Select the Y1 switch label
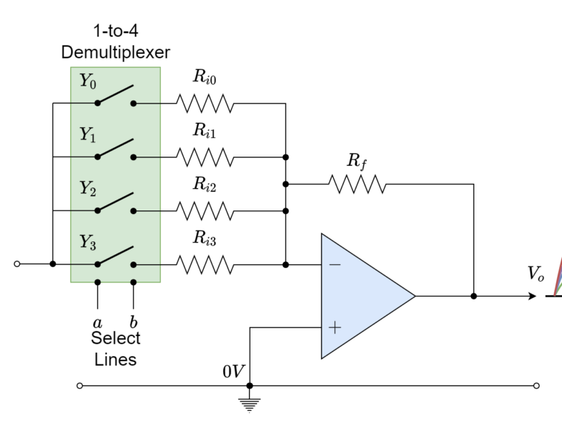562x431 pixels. (88, 135)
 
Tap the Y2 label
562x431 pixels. (88, 189)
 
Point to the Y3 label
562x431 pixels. (88, 243)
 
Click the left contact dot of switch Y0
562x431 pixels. (98, 103)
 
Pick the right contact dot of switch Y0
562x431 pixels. (134, 103)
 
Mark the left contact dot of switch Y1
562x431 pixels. (98, 157)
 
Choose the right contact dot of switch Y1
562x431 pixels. (134, 157)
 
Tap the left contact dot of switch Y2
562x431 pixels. (98, 210)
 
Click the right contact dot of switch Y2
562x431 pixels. (134, 210)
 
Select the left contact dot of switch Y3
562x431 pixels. (98, 264)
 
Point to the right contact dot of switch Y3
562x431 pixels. (134, 264)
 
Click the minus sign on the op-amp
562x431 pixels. (334, 265)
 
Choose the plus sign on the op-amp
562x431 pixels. (334, 328)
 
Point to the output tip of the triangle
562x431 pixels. (413, 296)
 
